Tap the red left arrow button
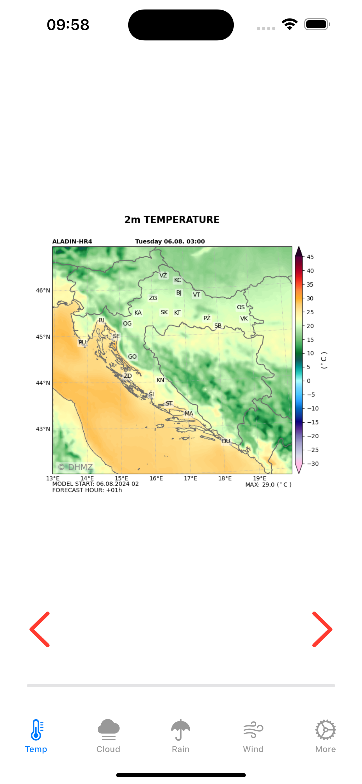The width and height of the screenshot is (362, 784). pos(40,629)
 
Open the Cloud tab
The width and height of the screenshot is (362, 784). pos(108,736)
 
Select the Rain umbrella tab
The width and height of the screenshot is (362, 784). pos(181,736)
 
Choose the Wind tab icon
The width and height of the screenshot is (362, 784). pos(253,736)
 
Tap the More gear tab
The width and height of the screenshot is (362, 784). pos(326,736)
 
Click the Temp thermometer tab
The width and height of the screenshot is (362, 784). pos(36,736)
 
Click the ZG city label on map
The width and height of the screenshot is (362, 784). pos(153,298)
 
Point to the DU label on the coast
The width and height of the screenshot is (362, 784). pos(226,441)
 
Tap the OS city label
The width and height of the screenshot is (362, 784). pos(241,307)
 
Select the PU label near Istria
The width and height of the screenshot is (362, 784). pos(82,342)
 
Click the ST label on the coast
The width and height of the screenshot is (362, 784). pos(169,403)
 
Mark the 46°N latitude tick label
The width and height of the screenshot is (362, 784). pos(43,290)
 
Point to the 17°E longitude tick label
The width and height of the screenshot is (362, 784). pos(191,478)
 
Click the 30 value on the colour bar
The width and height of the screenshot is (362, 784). pos(310,298)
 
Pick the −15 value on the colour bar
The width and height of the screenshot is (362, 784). pos(312,422)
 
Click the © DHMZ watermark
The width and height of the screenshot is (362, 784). pos(75,467)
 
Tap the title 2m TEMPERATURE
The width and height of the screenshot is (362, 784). pos(172,220)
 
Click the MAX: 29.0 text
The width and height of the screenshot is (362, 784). pos(268,485)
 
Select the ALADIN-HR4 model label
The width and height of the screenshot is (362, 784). pos(72,241)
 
